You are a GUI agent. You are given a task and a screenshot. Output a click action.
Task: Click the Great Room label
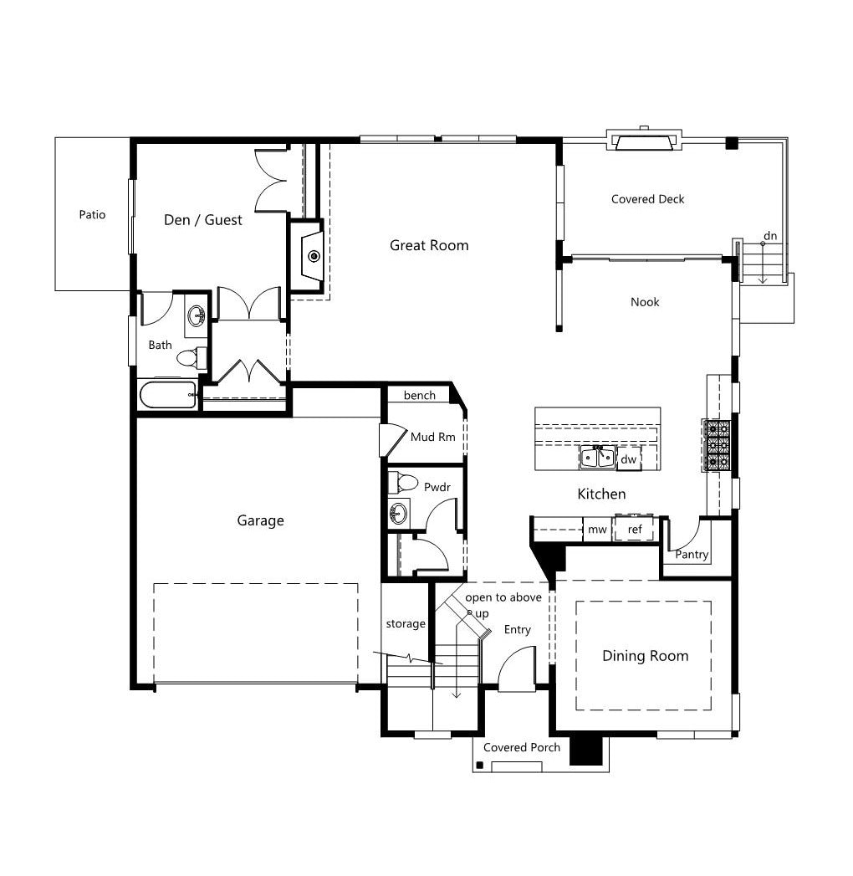[429, 245]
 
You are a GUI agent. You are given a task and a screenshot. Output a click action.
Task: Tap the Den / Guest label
[203, 219]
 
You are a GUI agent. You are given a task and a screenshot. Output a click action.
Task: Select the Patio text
[92, 214]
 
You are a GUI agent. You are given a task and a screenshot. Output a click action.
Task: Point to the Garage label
[261, 520]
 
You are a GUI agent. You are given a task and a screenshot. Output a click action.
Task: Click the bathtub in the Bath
[168, 394]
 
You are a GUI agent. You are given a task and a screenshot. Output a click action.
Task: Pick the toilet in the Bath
[192, 357]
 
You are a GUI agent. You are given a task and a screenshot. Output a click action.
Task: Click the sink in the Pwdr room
[399, 512]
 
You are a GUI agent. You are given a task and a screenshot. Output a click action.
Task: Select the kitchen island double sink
[597, 458]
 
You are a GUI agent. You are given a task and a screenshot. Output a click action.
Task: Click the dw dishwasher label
[629, 459]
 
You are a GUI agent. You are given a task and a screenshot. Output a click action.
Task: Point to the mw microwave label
[597, 529]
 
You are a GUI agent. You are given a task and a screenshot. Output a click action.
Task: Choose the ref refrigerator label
[635, 529]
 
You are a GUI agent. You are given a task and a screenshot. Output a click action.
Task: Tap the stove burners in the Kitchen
[718, 445]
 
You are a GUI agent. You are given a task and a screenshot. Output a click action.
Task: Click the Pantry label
[692, 554]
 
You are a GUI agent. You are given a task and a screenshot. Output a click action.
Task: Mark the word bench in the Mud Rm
[419, 396]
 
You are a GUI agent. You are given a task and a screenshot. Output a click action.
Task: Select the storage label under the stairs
[406, 623]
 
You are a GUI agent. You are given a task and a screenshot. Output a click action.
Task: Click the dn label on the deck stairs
[770, 236]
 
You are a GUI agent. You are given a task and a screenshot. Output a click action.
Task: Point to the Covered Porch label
[522, 747]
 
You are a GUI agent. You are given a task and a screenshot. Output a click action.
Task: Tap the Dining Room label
[646, 656]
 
